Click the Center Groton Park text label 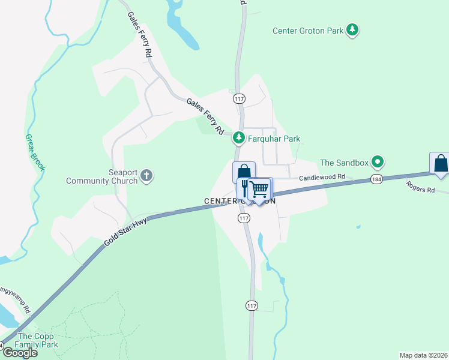point(308,31)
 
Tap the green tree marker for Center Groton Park point(353,29)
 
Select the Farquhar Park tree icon point(239,138)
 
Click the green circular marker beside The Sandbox point(377,161)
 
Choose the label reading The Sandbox point(343,162)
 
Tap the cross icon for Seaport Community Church point(146,176)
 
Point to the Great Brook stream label point(34,152)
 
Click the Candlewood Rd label point(323,177)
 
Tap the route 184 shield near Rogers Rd point(376,180)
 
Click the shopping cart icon point(260,189)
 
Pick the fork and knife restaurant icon point(245,189)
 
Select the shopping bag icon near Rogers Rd point(441,163)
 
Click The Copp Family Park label point(38,340)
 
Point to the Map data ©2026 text point(423,355)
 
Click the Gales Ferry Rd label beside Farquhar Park point(205,116)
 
